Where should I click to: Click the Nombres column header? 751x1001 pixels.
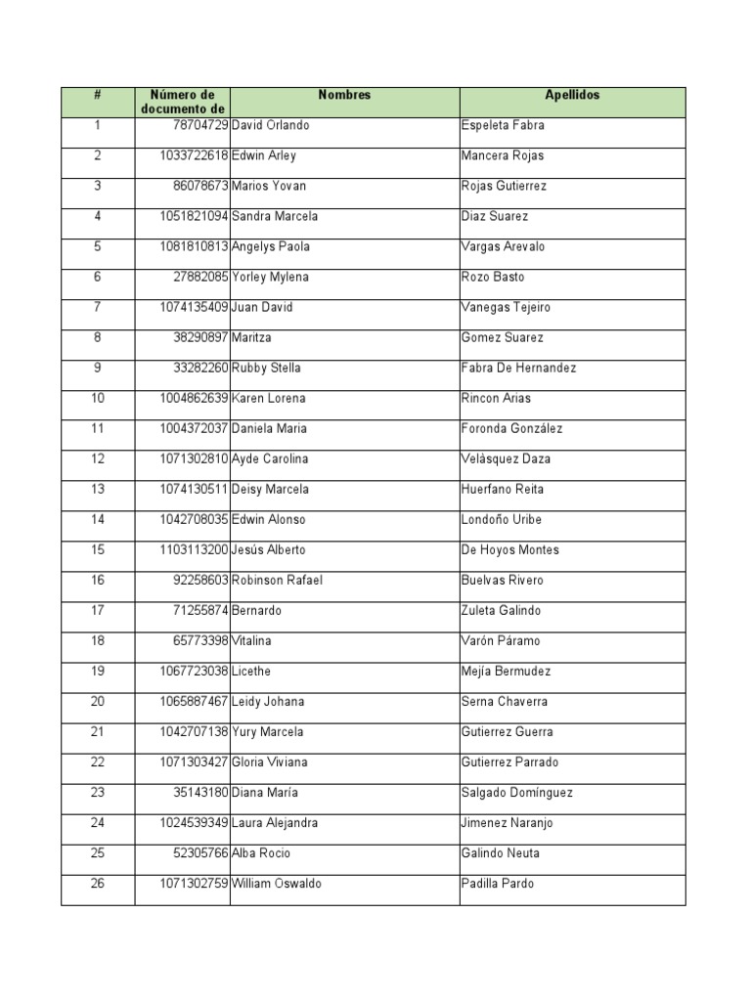[x=344, y=96]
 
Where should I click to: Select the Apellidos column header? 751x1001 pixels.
[x=572, y=96]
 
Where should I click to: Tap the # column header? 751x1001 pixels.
[x=98, y=96]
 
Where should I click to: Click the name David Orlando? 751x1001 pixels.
[x=270, y=126]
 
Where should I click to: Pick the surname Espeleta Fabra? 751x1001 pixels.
[x=503, y=126]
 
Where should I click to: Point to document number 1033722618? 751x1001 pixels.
[x=194, y=156]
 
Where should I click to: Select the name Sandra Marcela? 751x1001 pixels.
[x=275, y=217]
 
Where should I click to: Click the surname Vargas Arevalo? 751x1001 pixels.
[x=503, y=247]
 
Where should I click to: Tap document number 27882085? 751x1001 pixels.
[x=200, y=278]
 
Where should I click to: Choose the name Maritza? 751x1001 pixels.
[x=252, y=338]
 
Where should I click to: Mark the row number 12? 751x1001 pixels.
[x=98, y=459]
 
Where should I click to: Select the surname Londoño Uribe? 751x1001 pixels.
[x=501, y=520]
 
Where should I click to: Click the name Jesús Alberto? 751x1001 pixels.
[x=269, y=550]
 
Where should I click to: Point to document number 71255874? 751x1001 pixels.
[x=200, y=611]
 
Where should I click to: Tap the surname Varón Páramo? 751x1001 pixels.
[x=500, y=641]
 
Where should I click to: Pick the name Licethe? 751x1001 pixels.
[x=253, y=672]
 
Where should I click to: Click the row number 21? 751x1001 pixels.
[x=98, y=732]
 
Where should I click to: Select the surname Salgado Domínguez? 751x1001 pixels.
[x=516, y=793]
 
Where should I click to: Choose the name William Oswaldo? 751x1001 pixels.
[x=277, y=884]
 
